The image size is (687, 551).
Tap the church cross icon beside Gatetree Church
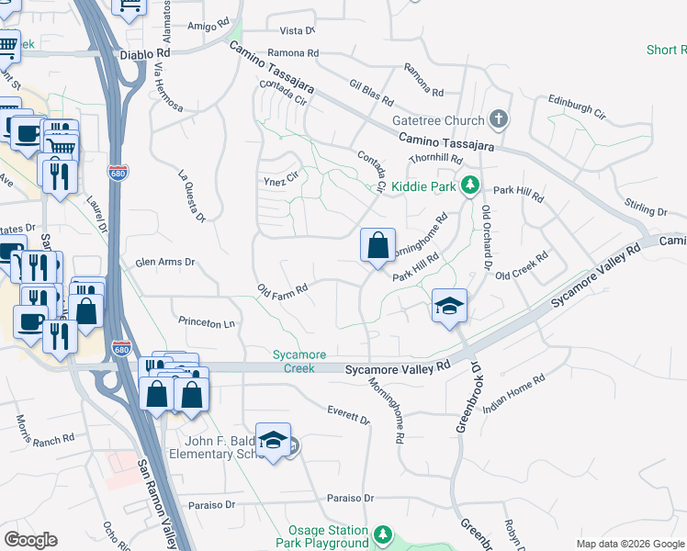click(498, 118)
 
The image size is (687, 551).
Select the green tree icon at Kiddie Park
click(469, 185)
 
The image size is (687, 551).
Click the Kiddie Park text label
click(423, 186)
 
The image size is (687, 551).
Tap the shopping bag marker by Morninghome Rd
click(377, 246)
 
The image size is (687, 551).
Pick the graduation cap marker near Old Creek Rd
click(450, 307)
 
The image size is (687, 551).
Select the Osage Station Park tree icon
click(383, 534)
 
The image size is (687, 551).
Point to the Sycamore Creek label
click(294, 361)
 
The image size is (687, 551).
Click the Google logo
click(30, 540)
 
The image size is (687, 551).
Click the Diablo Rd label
click(145, 55)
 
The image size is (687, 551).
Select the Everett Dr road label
click(348, 414)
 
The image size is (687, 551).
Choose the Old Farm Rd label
click(282, 290)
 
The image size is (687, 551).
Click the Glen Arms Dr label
click(165, 262)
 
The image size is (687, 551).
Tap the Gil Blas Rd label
click(371, 90)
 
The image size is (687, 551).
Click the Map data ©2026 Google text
click(629, 544)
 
